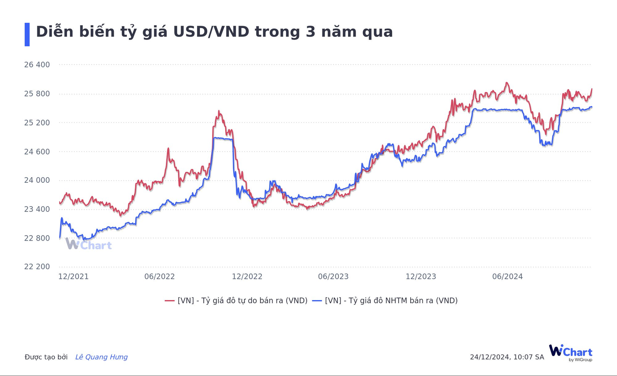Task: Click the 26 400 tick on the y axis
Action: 37,65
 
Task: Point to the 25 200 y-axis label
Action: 37,123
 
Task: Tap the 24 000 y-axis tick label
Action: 37,180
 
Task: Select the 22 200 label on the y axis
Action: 37,267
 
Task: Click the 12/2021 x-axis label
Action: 73,277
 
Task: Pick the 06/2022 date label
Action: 159,277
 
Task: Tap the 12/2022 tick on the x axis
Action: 247,277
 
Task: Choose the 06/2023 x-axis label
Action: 333,277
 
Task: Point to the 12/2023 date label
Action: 421,277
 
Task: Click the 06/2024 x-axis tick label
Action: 507,277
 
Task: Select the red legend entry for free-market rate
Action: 236,300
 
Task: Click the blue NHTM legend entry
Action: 385,300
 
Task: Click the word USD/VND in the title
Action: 211,32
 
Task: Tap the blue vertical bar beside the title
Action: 27,34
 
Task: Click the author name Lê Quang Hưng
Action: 101,357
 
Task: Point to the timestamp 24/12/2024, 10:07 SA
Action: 507,357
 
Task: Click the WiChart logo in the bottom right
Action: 570,353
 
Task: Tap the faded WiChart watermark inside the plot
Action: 89,244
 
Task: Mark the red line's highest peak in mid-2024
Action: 506,83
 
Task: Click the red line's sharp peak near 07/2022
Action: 168,148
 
